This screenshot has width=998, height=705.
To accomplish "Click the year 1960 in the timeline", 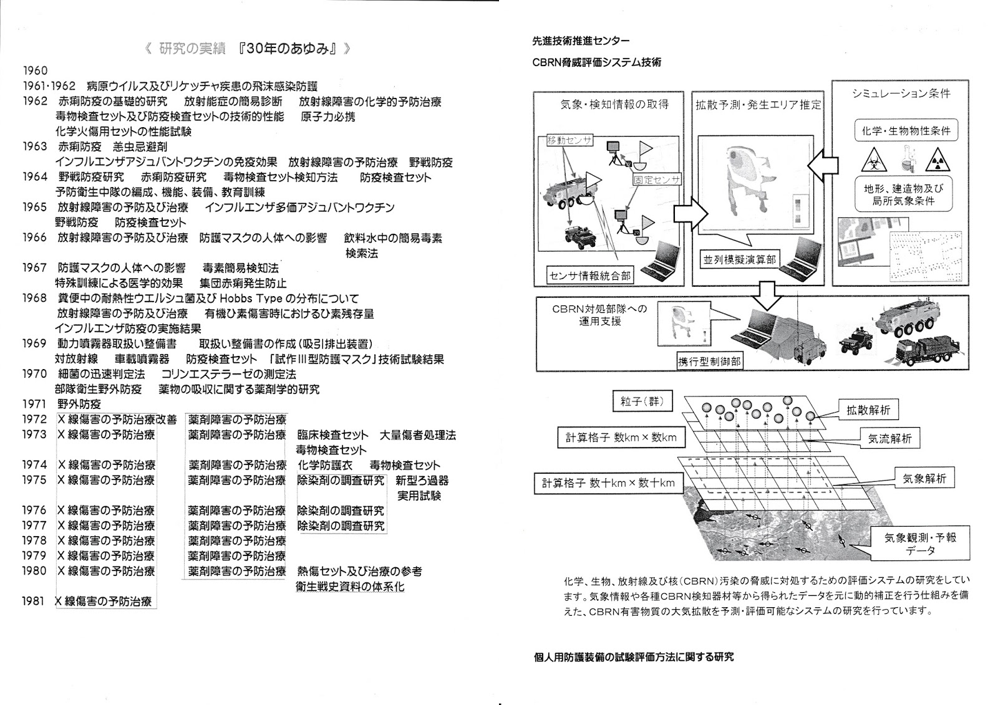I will coord(35,71).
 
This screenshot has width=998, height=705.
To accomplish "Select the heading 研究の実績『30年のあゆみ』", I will coord(246,49).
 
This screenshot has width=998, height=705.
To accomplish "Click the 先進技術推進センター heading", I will coord(581,41).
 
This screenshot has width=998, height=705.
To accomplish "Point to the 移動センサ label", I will coord(569,140).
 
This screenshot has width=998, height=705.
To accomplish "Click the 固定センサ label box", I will coord(657,179).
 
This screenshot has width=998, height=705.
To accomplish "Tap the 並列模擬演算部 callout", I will coord(739,259).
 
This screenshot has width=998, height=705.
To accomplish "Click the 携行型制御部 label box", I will coord(710,360).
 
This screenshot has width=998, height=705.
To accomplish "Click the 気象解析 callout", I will coord(924,479).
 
